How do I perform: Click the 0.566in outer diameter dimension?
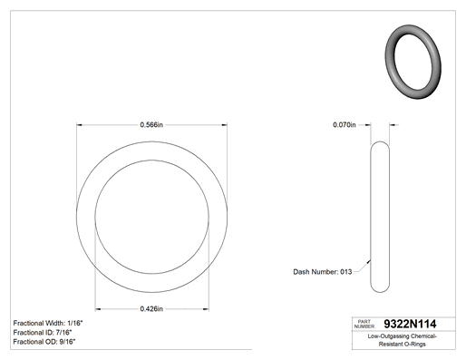151,125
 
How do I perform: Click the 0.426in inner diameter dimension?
151,309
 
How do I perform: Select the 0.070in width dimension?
345,125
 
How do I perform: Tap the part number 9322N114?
410,324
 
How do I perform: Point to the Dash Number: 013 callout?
323,272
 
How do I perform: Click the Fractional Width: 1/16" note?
48,323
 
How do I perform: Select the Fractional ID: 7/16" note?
43,333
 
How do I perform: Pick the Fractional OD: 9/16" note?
44,342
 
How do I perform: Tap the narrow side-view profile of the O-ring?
371,217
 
